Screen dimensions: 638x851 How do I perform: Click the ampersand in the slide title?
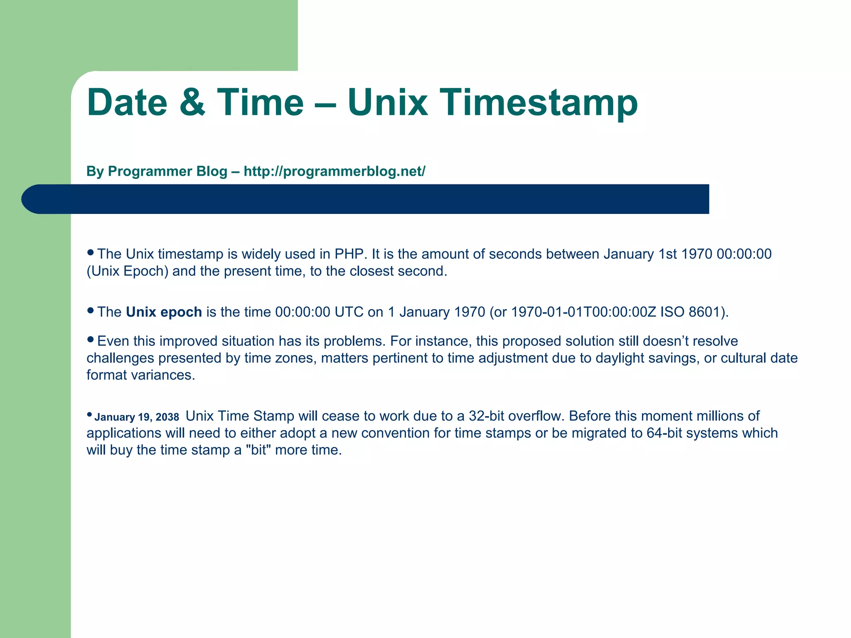192,103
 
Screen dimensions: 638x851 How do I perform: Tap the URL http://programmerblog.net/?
334,171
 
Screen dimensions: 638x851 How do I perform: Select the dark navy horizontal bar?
366,199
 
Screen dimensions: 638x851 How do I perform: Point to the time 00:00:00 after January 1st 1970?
744,254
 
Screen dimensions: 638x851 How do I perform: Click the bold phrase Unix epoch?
164,312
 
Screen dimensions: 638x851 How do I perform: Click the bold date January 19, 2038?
137,417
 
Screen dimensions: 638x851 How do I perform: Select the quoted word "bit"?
258,450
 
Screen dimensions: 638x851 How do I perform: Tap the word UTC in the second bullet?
349,312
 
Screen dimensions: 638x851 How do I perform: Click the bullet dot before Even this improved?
91,339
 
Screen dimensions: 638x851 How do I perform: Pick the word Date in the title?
127,103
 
